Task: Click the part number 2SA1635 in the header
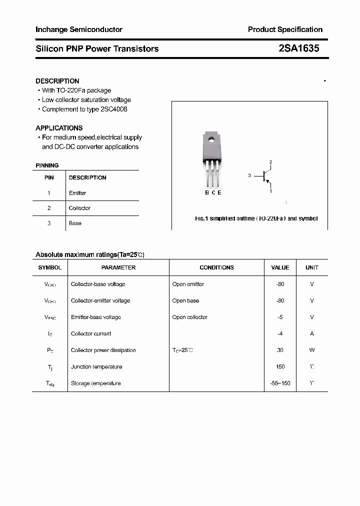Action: pos(298,48)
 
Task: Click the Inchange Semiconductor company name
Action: pos(79,29)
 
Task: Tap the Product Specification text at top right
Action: pos(285,29)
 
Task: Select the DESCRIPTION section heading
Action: pos(57,81)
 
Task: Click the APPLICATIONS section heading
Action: pos(59,128)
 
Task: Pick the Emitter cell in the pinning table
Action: pos(77,193)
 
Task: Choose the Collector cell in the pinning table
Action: pos(79,208)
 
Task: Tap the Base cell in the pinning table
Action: pos(75,223)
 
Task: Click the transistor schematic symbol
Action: pos(265,176)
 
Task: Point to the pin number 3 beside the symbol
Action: pos(249,176)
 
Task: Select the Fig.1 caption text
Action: pos(256,218)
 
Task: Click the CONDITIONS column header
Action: pos(216,267)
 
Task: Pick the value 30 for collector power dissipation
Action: pos(280,350)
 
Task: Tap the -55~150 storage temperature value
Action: pos(280,383)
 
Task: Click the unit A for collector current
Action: pos(312,334)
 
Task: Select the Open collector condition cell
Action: pos(190,317)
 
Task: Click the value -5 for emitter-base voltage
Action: pos(280,317)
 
